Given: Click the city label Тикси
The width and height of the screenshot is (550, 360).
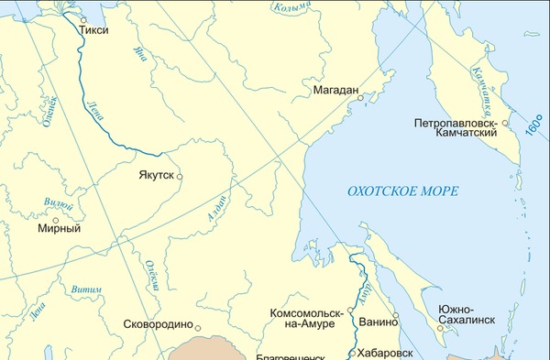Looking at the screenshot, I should (94, 29).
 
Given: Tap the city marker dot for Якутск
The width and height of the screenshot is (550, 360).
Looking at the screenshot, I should (180, 176).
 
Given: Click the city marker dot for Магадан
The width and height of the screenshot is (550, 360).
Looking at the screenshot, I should (361, 98).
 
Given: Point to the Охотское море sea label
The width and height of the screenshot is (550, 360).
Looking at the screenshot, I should (402, 191).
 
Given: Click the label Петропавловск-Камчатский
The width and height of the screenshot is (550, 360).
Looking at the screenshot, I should (455, 126).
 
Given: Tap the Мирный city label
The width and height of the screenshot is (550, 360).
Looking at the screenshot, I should (59, 228).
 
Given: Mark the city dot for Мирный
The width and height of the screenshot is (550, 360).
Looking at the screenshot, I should (56, 219).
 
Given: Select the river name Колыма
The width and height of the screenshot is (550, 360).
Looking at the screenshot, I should (294, 8).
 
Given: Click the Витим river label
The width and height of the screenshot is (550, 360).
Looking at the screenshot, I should (86, 289).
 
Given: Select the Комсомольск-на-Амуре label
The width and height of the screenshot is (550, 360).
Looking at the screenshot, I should (304, 319).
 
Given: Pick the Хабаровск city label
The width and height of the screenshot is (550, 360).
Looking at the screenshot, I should (385, 352).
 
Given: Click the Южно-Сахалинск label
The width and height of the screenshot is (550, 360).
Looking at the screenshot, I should (467, 314).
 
